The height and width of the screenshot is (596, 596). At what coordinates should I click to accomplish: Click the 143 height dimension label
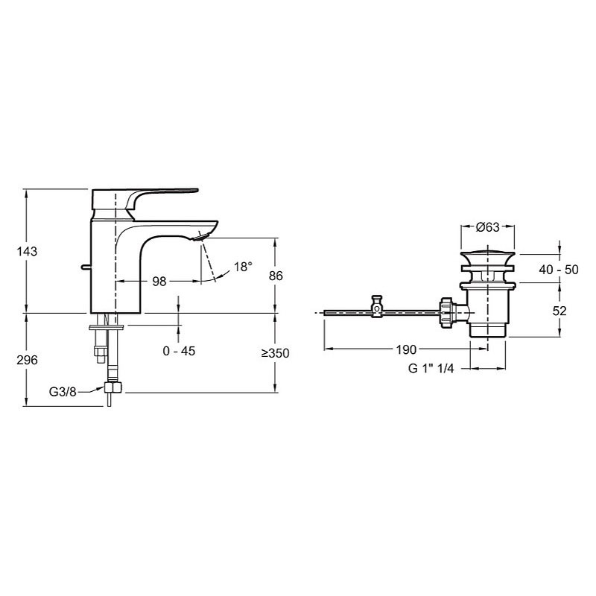coord(27,251)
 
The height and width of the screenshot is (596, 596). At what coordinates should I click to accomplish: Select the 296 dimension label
coord(27,360)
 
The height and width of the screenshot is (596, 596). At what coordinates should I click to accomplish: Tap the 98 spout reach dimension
coord(159,282)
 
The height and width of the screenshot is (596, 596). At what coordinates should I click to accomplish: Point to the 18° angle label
coord(243,267)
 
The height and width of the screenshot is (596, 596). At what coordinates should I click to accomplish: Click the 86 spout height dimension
coord(276,276)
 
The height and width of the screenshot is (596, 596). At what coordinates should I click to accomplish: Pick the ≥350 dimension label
coord(275,353)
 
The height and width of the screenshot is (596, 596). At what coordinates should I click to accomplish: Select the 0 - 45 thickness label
coord(179,351)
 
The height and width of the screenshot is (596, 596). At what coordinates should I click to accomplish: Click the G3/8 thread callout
coord(63,392)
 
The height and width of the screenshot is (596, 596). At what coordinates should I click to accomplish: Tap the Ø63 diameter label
coord(488,227)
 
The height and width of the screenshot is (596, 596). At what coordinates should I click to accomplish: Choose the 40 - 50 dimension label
coord(558,270)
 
